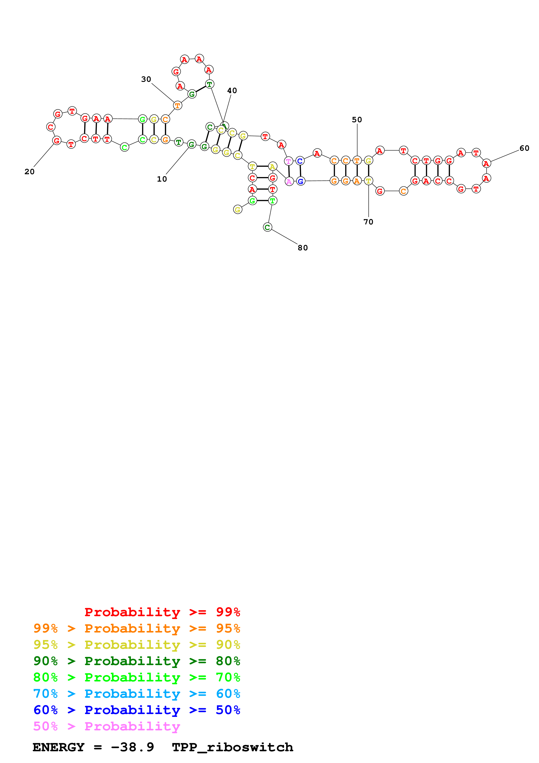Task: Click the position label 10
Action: [162, 179]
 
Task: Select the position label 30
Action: [146, 79]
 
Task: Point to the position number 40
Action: [232, 91]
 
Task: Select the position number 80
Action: [302, 248]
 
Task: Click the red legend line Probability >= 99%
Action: [162, 612]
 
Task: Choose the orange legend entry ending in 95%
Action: [137, 628]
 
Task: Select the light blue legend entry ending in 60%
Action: [137, 694]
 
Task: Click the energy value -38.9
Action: [132, 747]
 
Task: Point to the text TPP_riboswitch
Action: [232, 747]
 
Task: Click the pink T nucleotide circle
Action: [289, 161]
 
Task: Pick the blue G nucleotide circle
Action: [300, 181]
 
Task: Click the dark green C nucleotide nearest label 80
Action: [267, 227]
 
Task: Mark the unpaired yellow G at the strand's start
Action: [237, 210]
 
